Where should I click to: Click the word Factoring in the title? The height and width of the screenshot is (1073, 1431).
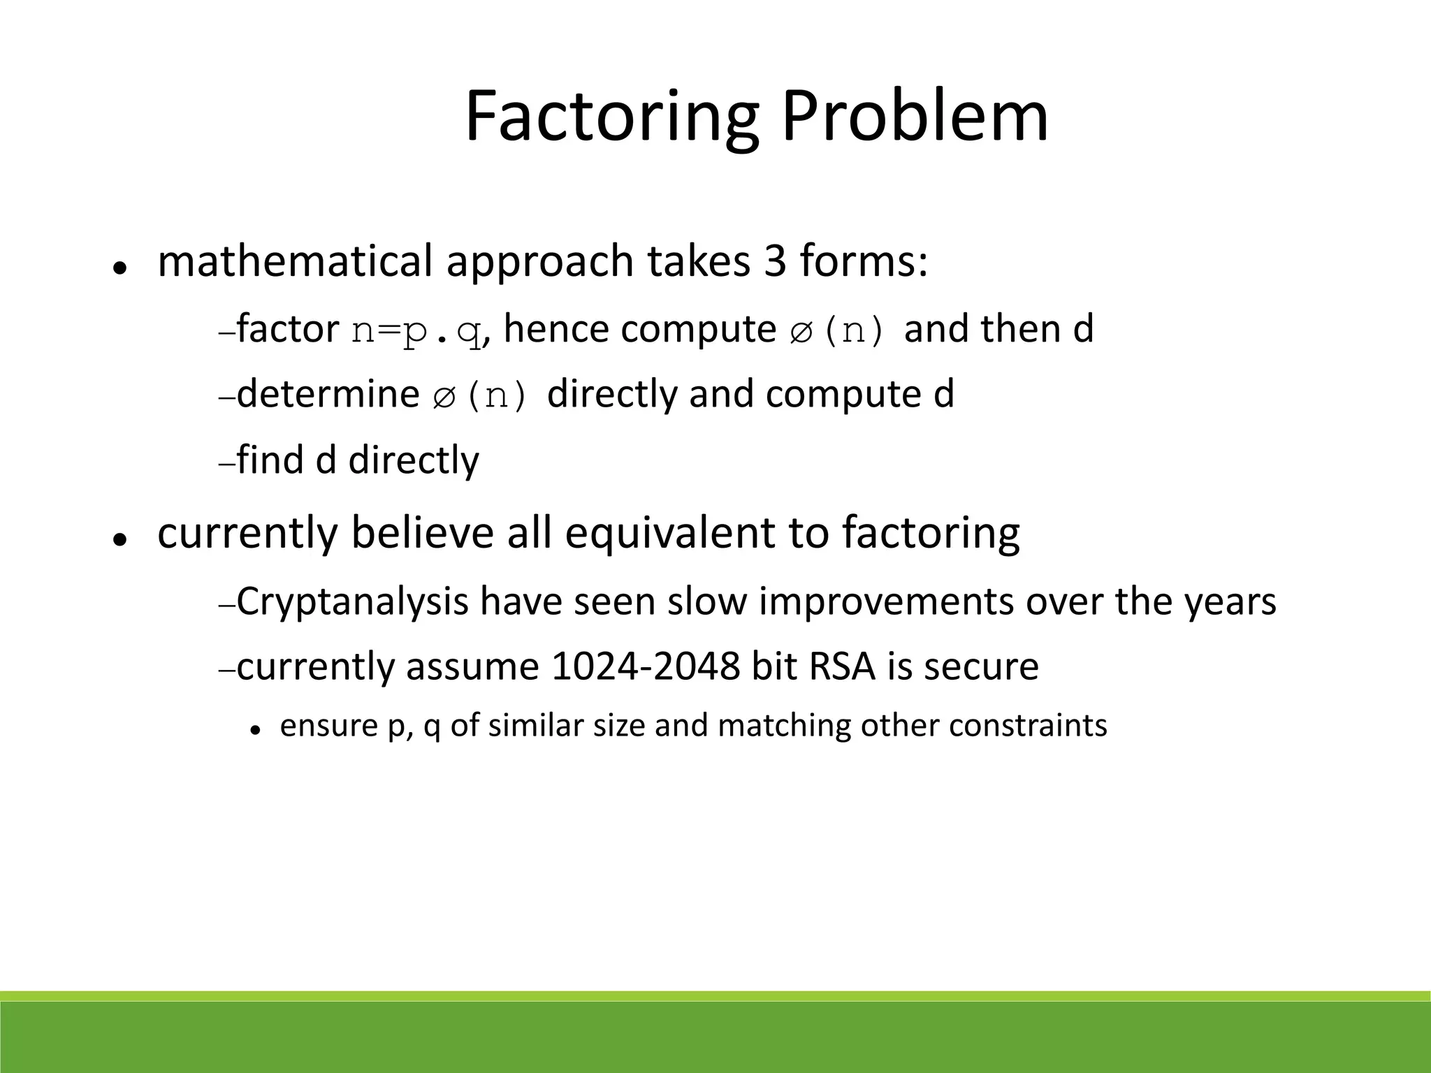[611, 117]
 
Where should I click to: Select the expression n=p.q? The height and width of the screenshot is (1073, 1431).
[416, 330]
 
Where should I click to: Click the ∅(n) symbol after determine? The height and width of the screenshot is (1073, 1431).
[480, 395]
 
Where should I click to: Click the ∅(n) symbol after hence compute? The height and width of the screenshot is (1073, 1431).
[837, 330]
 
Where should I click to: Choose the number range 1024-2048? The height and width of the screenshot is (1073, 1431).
[645, 666]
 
